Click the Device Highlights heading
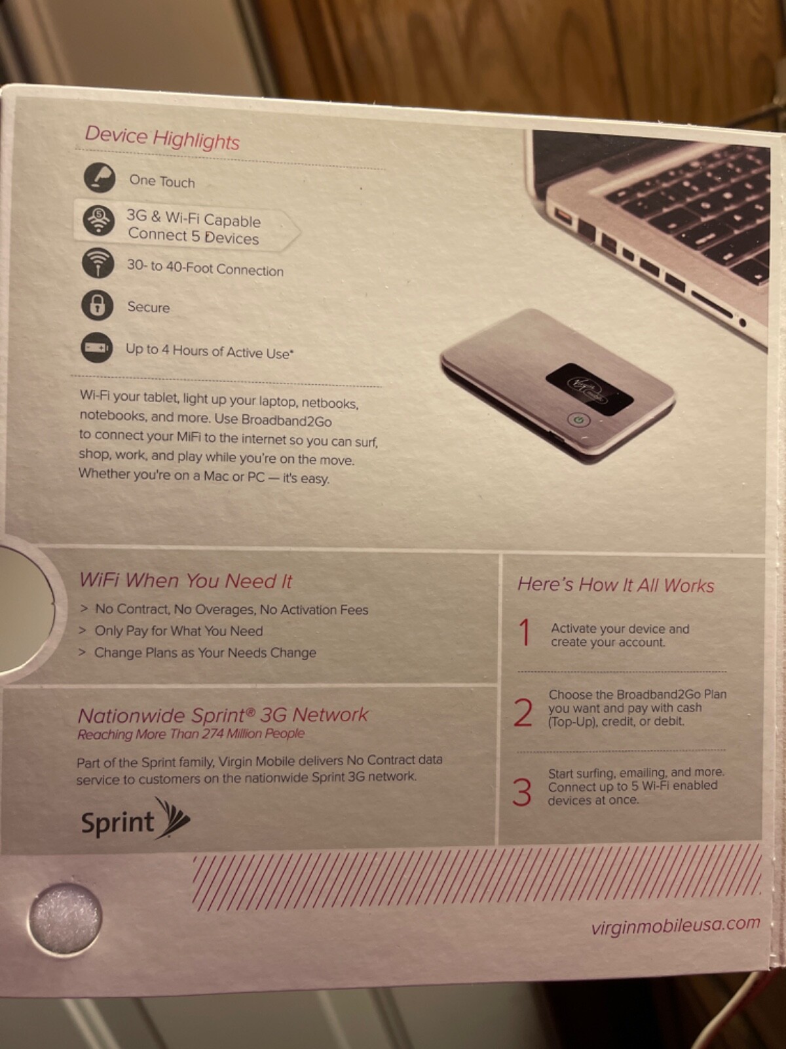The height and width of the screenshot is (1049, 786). [162, 138]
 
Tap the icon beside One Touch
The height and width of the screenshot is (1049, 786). [100, 178]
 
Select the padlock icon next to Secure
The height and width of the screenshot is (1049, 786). [97, 305]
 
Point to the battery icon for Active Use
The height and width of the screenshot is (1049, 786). [97, 347]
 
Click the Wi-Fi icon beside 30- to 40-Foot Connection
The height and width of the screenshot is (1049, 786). [98, 263]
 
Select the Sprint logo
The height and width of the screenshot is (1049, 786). [135, 820]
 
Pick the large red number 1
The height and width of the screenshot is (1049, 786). [524, 633]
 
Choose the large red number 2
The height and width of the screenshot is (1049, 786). [523, 713]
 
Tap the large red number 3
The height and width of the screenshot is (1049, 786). [521, 792]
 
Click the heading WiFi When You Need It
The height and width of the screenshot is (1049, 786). [186, 581]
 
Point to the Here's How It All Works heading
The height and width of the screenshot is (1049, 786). [616, 585]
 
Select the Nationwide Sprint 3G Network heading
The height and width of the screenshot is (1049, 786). [223, 715]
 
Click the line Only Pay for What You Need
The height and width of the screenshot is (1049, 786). [178, 631]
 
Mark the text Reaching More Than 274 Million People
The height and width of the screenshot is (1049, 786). [191, 734]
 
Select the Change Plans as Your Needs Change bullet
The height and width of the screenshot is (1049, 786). [205, 653]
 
